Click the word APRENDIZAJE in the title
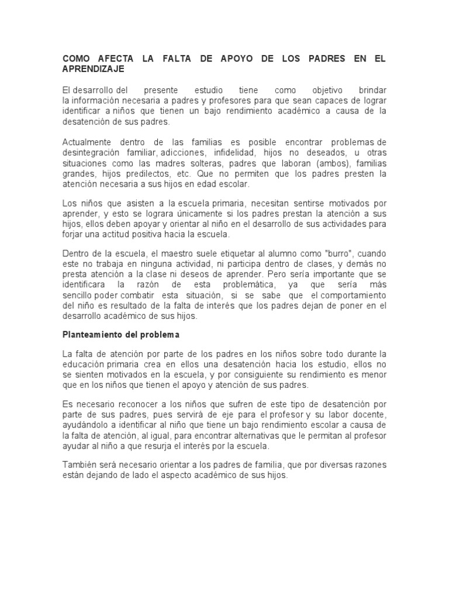coord(94,69)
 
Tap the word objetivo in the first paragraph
coord(328,91)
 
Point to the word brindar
coord(372,91)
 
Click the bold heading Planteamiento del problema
coord(120,335)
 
